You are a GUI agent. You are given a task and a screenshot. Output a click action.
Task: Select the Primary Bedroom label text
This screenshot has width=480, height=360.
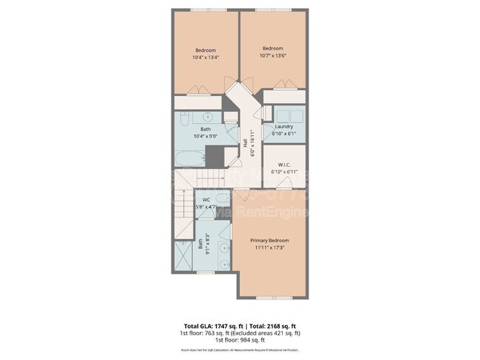point(269,241)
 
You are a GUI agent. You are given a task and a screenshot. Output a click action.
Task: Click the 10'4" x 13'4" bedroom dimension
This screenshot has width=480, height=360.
point(205,58)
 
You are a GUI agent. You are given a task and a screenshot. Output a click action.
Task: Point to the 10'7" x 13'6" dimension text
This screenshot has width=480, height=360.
point(273,56)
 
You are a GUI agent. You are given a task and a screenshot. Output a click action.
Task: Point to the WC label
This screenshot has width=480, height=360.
point(207,200)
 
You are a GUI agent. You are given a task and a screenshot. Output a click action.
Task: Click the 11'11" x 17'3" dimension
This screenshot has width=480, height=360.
point(269,248)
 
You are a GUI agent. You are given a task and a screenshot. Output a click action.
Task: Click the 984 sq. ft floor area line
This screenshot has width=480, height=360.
point(240,340)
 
